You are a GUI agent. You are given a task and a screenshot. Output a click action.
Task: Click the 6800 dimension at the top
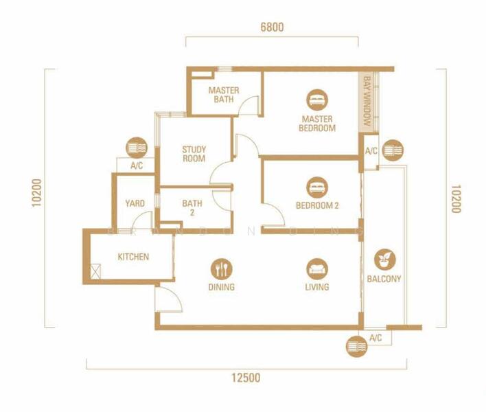click(272, 27)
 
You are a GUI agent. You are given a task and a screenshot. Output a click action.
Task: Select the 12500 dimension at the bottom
click(246, 378)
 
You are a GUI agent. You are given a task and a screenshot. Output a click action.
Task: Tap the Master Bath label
click(224, 95)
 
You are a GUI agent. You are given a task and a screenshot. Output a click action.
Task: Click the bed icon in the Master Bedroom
click(317, 100)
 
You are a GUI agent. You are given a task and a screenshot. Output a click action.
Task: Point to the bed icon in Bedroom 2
click(317, 187)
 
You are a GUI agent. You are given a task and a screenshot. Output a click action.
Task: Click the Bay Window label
click(367, 101)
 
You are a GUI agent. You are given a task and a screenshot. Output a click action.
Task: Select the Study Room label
click(194, 154)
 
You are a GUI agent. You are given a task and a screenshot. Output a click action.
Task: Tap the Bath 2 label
click(192, 207)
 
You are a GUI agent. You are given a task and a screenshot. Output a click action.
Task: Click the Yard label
click(135, 203)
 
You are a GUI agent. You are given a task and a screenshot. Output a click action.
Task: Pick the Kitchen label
click(133, 257)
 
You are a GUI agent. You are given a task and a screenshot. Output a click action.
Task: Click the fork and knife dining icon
click(221, 269)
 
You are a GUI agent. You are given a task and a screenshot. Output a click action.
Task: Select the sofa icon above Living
click(317, 269)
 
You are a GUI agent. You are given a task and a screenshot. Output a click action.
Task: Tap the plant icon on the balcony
click(384, 260)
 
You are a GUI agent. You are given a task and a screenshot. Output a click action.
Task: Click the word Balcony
click(384, 279)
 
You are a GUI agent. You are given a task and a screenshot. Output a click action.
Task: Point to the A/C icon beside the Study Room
click(137, 148)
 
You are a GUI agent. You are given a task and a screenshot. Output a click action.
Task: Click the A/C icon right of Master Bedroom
click(393, 150)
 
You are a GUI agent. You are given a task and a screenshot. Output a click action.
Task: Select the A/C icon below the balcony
click(357, 346)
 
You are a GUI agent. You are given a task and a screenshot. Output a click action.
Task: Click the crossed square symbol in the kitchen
click(95, 271)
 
